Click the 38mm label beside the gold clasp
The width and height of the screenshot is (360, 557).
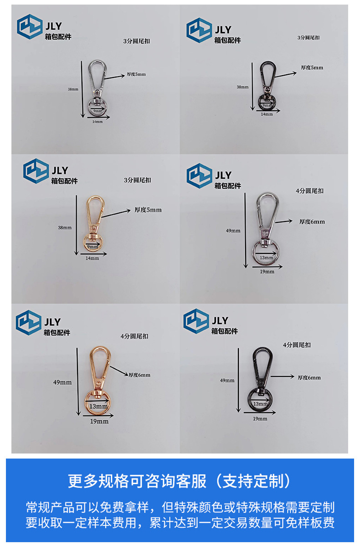(x=65, y=227)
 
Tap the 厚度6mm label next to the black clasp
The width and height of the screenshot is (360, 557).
(x=309, y=377)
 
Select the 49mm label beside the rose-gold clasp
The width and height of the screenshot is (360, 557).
(x=62, y=382)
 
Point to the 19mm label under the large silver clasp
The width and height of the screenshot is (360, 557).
(x=267, y=272)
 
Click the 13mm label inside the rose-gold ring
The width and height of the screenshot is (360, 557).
(x=98, y=406)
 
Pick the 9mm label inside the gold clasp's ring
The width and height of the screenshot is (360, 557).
(x=92, y=247)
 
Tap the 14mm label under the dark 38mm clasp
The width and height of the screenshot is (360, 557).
(x=267, y=114)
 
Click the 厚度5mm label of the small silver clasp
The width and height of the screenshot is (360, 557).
(x=136, y=74)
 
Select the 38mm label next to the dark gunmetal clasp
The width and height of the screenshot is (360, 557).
(x=242, y=87)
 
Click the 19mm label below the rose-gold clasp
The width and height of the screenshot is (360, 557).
(x=99, y=421)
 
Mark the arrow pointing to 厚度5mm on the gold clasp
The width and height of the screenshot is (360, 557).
(x=116, y=214)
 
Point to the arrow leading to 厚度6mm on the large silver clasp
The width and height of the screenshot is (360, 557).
(x=284, y=222)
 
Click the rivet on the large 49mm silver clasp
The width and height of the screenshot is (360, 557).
(x=265, y=233)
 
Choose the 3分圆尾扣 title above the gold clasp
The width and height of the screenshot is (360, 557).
(x=138, y=180)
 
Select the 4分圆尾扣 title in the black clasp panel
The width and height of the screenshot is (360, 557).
(x=297, y=345)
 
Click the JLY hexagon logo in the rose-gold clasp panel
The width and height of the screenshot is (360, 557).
(x=29, y=322)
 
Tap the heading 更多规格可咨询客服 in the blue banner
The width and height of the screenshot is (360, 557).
(x=137, y=481)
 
